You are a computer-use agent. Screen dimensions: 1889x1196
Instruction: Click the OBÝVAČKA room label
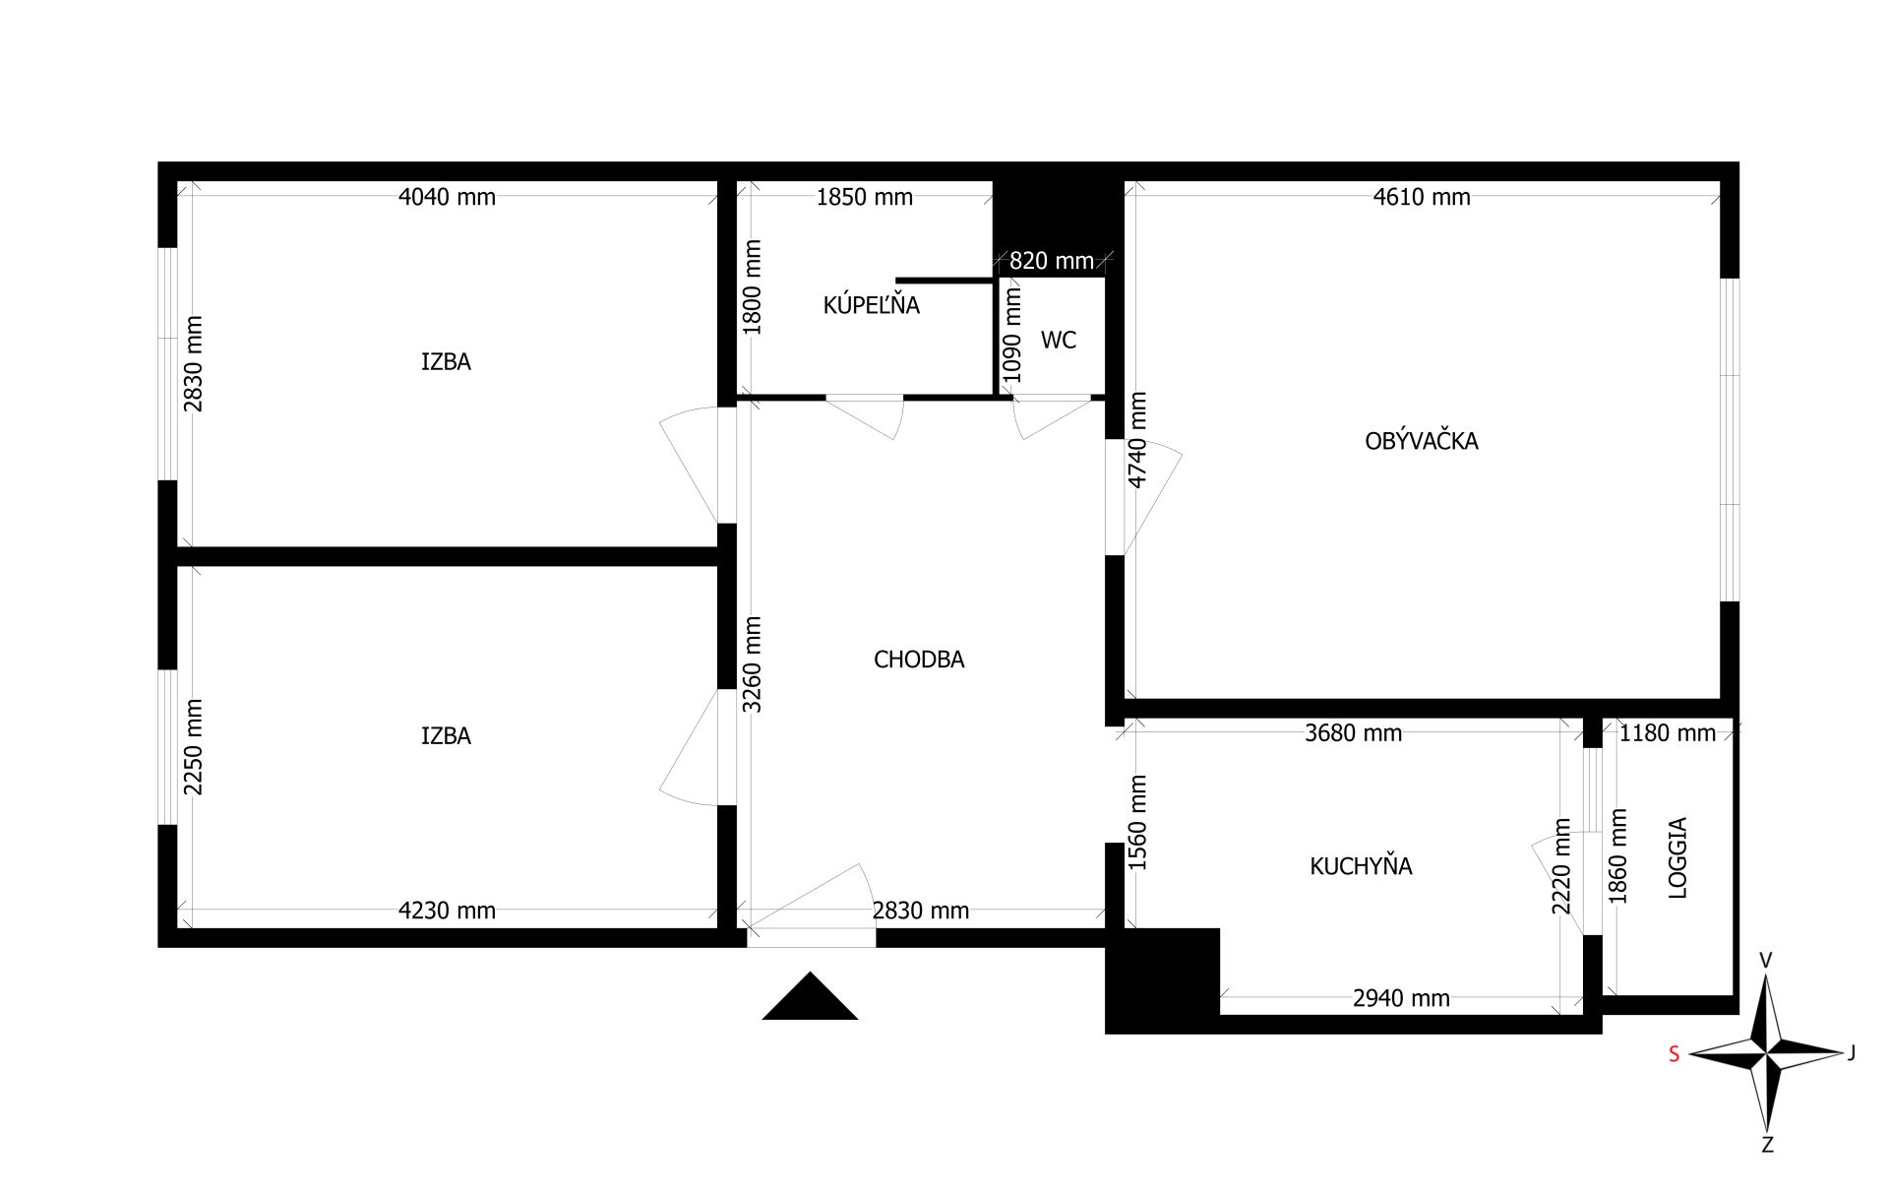[x=1421, y=441]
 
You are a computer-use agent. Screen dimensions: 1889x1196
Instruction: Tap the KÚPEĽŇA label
[x=871, y=305]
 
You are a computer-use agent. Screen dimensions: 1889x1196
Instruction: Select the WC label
[x=1059, y=340]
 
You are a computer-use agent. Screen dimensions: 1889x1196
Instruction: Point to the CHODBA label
[x=919, y=660]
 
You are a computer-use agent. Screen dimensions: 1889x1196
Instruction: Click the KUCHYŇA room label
[x=1361, y=866]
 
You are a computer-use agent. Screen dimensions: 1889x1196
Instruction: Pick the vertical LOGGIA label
[x=1677, y=857]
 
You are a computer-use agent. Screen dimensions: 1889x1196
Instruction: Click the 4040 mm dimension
[x=447, y=197]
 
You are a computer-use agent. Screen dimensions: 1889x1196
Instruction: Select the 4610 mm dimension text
[x=1422, y=197]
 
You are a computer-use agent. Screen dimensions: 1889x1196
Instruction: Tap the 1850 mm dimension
[x=865, y=197]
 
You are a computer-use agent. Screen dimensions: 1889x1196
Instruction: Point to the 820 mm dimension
[x=1052, y=261]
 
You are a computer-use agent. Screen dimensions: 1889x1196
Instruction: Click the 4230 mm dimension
[x=447, y=911]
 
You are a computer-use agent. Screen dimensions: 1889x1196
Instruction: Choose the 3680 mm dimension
[x=1354, y=732]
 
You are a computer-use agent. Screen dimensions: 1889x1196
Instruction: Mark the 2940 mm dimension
[x=1401, y=998]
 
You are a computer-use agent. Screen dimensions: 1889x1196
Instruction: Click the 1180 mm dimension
[x=1668, y=732]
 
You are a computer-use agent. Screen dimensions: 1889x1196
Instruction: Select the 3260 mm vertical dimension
[x=752, y=664]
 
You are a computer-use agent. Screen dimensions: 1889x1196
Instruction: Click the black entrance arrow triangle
[x=810, y=996]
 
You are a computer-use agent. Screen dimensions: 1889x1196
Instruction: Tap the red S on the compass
[x=1674, y=1054]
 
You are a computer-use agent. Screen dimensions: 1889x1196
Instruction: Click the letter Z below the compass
[x=1767, y=1145]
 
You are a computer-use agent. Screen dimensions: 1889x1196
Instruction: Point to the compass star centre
[x=1768, y=1053]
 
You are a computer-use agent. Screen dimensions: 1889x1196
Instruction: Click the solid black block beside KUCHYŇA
[x=1163, y=980]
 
